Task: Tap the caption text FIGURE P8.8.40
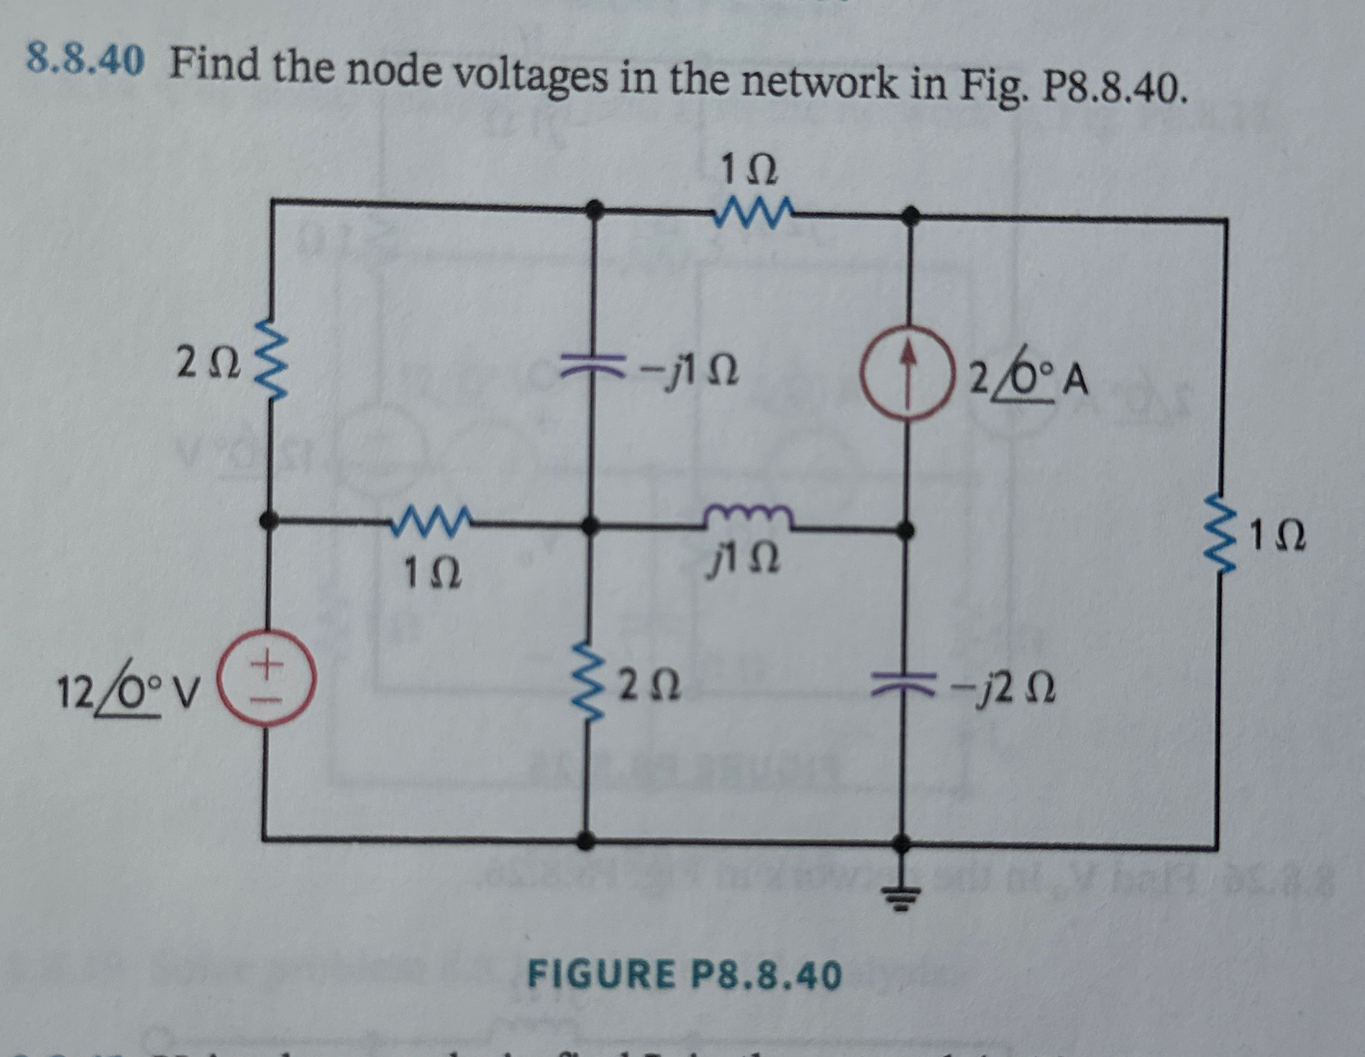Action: (x=684, y=975)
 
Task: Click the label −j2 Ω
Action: (x=1002, y=689)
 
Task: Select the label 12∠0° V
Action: (x=130, y=694)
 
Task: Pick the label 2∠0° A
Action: (x=1028, y=379)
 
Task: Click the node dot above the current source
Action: (x=908, y=216)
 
